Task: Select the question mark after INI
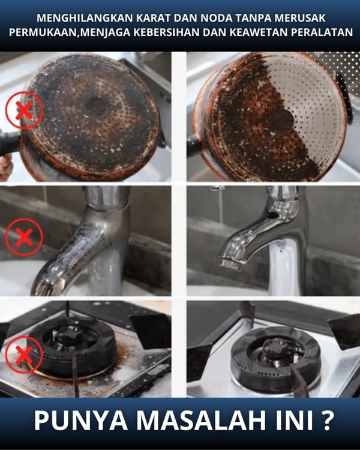tap(327, 421)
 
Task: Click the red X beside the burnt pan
tap(24, 110)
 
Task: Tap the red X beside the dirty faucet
tap(24, 237)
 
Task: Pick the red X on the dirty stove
tap(24, 355)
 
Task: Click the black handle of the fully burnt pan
tap(9, 143)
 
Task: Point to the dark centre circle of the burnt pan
tap(97, 106)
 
